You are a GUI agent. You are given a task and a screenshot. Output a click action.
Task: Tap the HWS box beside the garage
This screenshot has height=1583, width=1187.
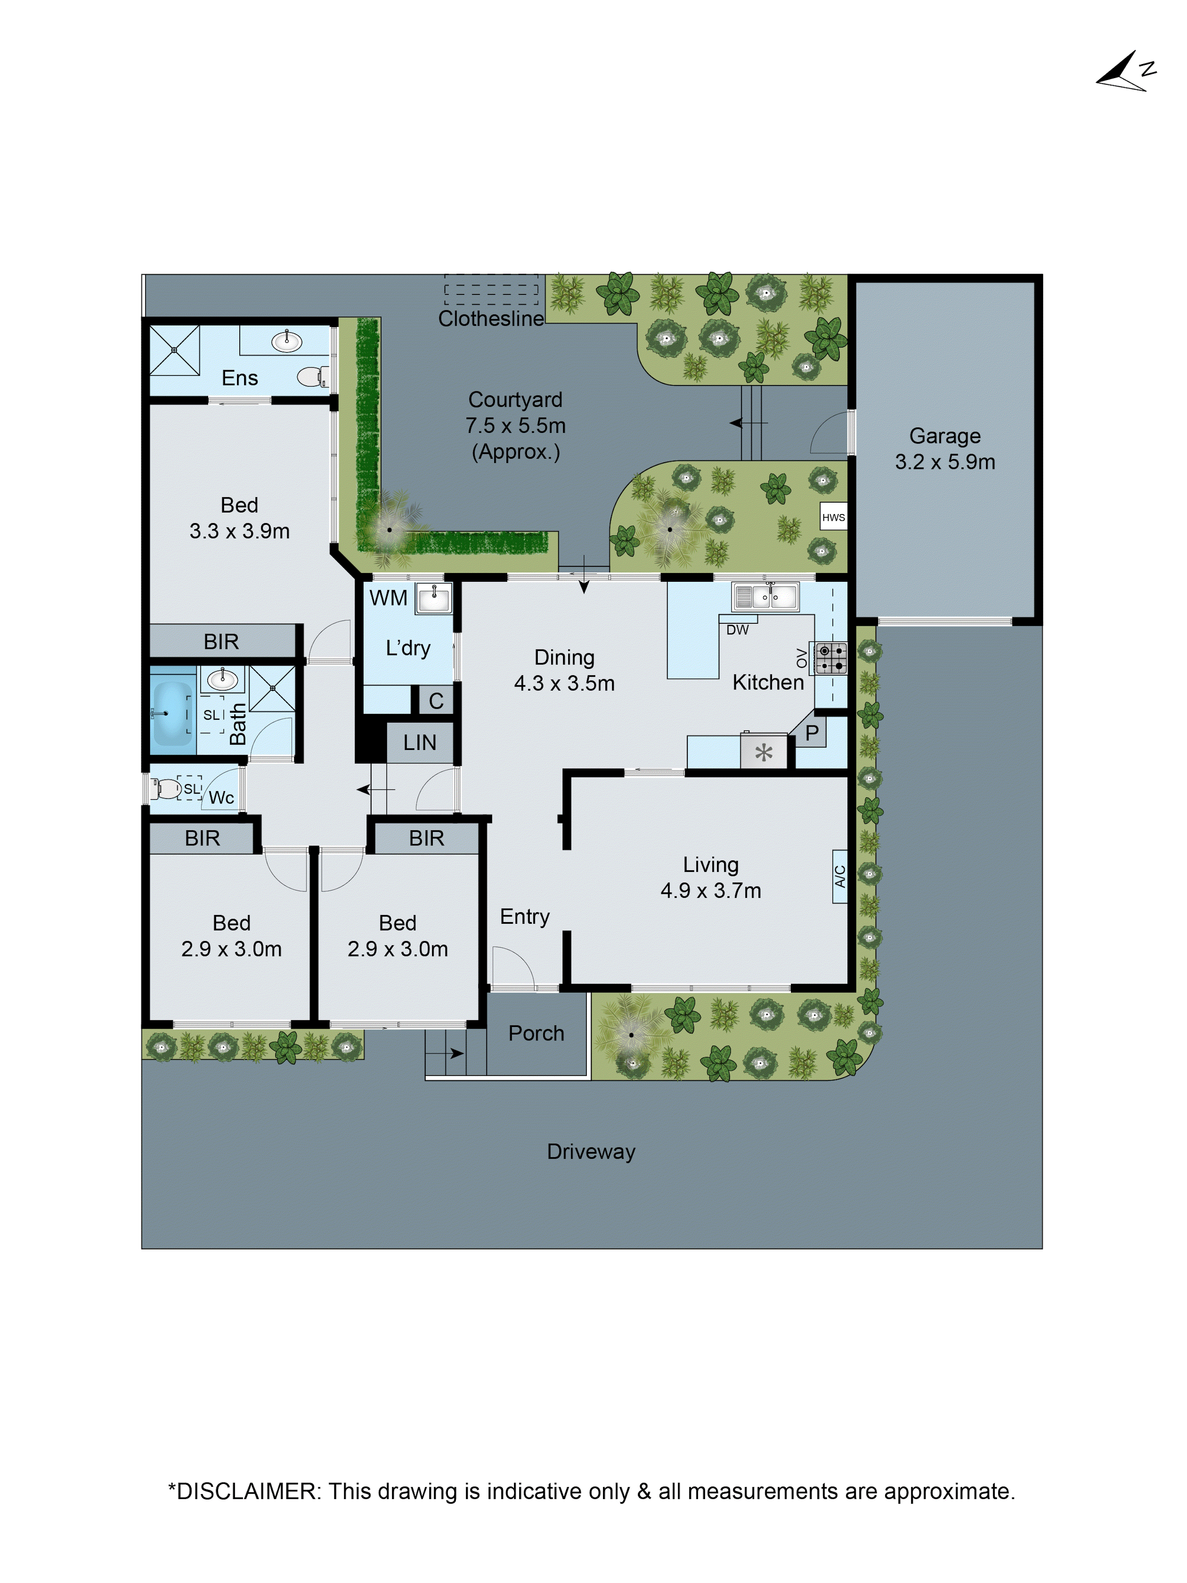point(833,517)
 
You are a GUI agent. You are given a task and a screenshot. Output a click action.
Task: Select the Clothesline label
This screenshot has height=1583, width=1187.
point(491,319)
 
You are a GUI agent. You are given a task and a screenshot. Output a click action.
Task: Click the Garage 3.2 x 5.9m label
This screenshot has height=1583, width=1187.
point(944,449)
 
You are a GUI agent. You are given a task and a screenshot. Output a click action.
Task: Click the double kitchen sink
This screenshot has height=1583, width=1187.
point(765,596)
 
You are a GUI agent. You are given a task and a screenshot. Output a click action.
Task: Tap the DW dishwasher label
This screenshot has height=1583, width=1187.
point(737,630)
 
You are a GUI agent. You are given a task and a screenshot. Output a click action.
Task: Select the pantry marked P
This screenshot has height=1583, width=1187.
point(812,733)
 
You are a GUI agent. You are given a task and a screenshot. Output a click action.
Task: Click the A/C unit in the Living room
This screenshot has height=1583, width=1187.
point(840,876)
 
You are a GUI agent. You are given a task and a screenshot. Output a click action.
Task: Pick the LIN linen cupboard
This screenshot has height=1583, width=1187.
point(419,742)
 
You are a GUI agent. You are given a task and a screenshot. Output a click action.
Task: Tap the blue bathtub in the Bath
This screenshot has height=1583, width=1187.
point(172,713)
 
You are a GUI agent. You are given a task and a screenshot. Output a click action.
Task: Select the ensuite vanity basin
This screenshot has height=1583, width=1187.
point(286,342)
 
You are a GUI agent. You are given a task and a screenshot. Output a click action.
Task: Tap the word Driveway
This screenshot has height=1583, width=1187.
point(591,1152)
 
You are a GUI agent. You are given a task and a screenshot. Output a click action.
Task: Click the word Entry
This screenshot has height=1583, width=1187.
point(524,917)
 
